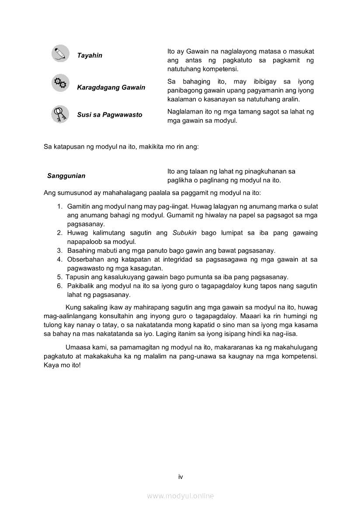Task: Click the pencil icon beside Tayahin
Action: (60, 54)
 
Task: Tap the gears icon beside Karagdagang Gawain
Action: (60, 83)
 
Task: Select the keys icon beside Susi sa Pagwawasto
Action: (60, 114)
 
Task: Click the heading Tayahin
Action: (90, 56)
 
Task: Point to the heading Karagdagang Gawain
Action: (111, 87)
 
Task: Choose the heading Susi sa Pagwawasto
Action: (110, 115)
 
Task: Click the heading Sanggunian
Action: (66, 176)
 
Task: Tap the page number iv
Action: (180, 477)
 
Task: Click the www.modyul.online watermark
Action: (180, 496)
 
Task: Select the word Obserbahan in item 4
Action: (84, 259)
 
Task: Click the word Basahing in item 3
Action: (81, 250)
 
